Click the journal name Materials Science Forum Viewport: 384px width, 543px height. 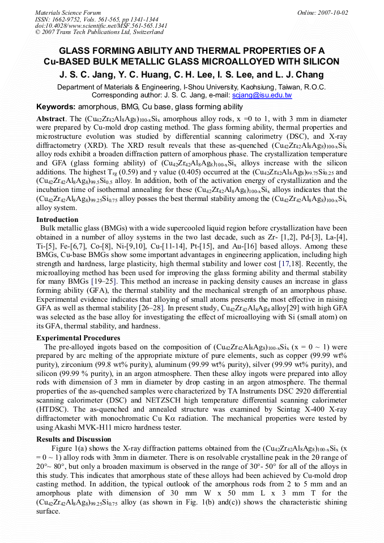[x=68, y=12]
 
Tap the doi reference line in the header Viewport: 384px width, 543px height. [x=101, y=25]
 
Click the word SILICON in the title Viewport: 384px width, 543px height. [x=319, y=61]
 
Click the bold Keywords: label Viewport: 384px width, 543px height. [x=56, y=106]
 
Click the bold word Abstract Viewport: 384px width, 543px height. [x=51, y=119]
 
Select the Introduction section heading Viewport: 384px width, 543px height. [x=57, y=219]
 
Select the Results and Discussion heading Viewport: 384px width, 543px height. [x=74, y=439]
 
